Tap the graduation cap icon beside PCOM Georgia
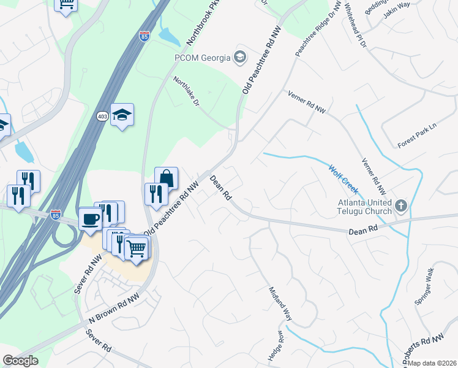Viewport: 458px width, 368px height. (x=240, y=58)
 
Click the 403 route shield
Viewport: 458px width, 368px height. (x=102, y=115)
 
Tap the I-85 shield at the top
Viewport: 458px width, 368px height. (x=144, y=36)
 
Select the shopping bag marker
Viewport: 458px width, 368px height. (x=166, y=178)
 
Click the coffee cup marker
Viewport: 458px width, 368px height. (x=91, y=219)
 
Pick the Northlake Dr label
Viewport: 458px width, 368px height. (x=187, y=91)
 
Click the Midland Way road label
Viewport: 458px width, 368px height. (x=279, y=304)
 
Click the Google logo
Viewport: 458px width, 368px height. (x=20, y=361)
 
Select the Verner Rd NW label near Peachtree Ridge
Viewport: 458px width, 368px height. (x=307, y=101)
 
